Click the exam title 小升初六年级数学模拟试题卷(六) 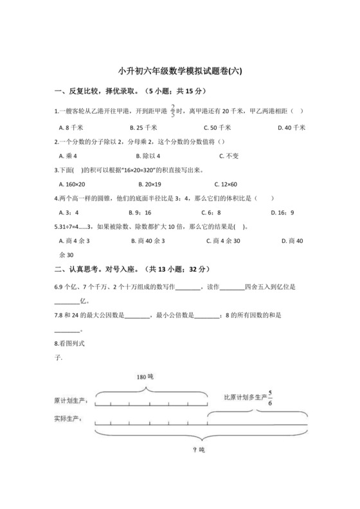click(179, 72)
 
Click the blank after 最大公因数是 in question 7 click(136, 315)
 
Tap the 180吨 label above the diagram click(145, 377)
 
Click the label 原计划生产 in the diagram click(73, 401)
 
